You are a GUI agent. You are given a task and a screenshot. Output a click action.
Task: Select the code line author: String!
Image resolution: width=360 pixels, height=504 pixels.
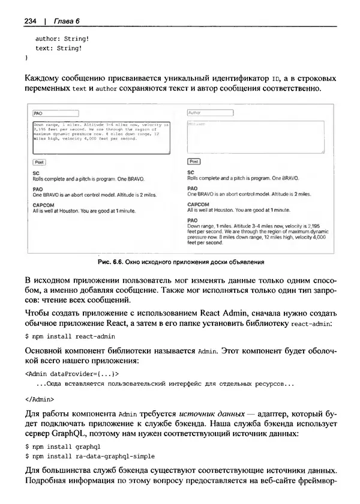[x=58, y=38]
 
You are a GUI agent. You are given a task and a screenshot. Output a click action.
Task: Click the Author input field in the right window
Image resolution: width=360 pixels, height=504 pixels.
[x=209, y=112]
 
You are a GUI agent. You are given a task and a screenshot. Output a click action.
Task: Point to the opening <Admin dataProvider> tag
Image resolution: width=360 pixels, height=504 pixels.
[x=68, y=373]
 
